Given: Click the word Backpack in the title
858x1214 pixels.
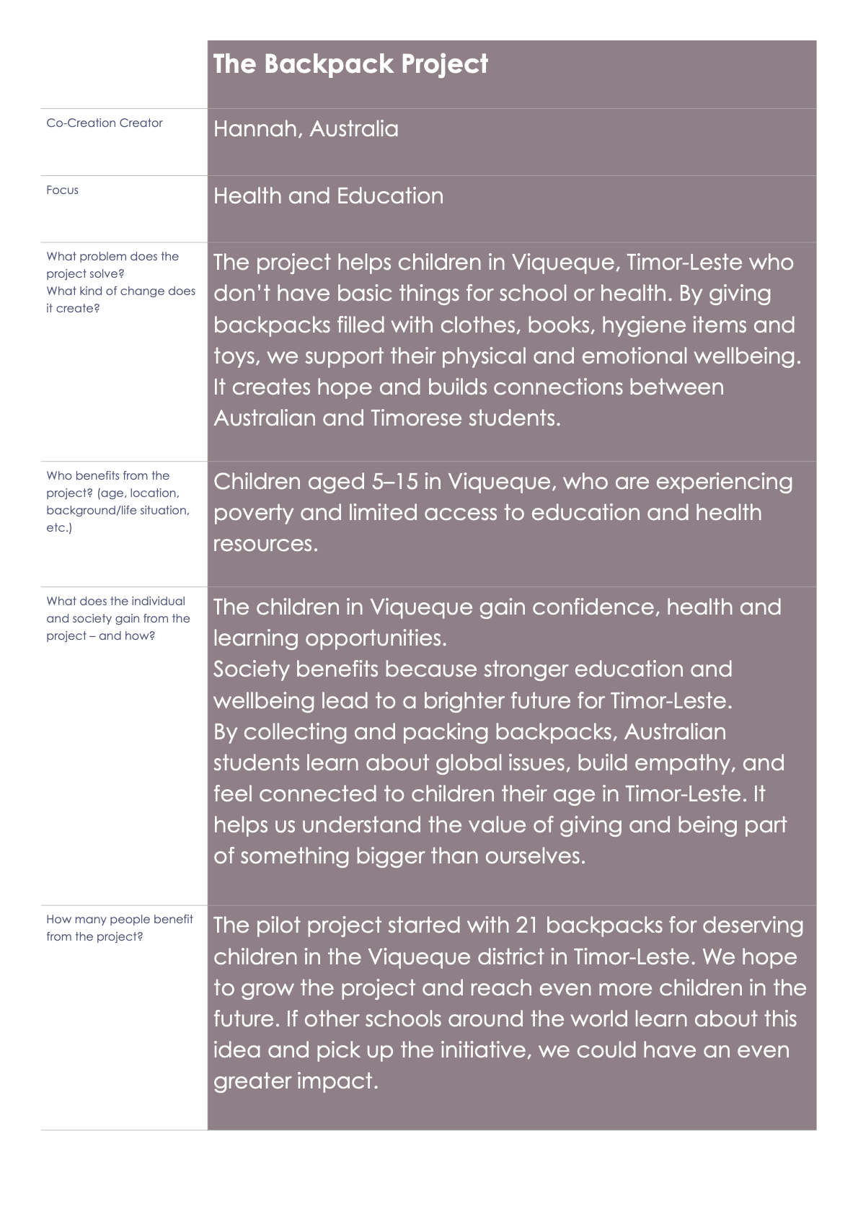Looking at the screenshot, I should pyautogui.click(x=329, y=64).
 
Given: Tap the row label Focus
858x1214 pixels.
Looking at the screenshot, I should pyautogui.click(x=62, y=190).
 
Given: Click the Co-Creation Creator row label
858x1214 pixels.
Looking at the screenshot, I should pyautogui.click(x=105, y=123).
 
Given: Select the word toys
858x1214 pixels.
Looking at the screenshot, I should pyautogui.click(x=235, y=357).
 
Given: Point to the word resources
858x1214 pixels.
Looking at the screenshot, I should pyautogui.click(x=265, y=544).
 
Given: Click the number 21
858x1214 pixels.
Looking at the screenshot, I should pyautogui.click(x=530, y=925).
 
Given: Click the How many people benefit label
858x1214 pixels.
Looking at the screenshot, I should pyautogui.click(x=120, y=920).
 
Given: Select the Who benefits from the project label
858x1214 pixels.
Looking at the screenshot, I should pyautogui.click(x=108, y=476).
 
